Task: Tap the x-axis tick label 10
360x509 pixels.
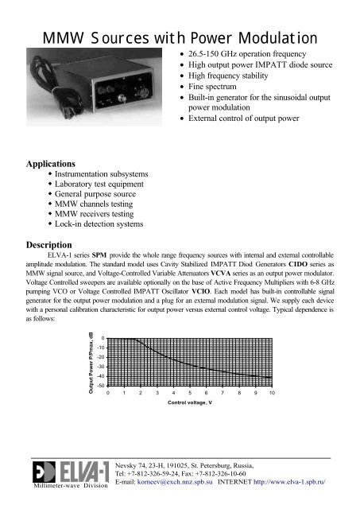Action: click(272, 394)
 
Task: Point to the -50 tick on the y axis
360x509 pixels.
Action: click(99, 385)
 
